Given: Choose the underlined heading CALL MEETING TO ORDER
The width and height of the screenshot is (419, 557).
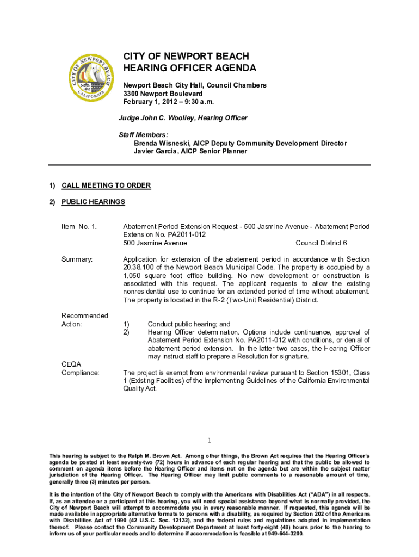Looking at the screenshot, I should point(106,185).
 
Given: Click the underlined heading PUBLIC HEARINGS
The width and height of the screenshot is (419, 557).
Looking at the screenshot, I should point(93,202).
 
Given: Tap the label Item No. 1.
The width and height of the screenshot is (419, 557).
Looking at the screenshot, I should point(79,226).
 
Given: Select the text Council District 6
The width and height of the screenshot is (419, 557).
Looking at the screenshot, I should point(321,243).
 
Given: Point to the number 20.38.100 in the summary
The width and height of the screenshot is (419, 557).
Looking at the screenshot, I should point(139,268).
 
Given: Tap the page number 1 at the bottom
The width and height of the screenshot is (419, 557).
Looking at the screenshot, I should point(209,441).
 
